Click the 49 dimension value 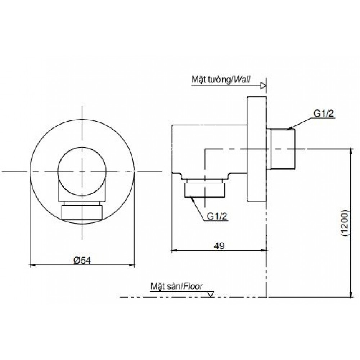point(219,246)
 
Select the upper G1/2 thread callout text point(324,114)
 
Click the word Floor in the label point(194,287)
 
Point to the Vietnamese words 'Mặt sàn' point(166,287)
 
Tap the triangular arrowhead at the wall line point(264,86)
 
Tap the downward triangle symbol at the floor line point(211,294)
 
